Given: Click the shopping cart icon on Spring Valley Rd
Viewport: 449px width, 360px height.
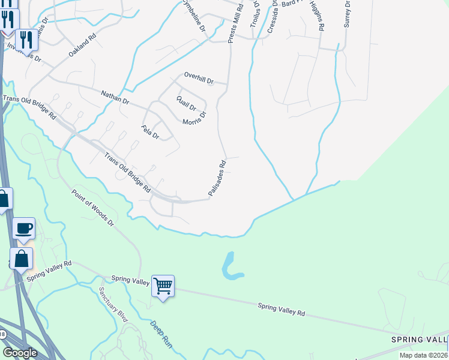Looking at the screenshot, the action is pyautogui.click(x=163, y=286).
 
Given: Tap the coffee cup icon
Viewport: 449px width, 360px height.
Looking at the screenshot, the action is pyautogui.click(x=24, y=229).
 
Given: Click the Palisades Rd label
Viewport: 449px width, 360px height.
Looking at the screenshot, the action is pyautogui.click(x=217, y=177).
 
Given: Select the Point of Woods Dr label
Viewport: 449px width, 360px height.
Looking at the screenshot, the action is pyautogui.click(x=92, y=208).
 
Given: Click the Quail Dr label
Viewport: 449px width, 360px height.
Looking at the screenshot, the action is pyautogui.click(x=186, y=103).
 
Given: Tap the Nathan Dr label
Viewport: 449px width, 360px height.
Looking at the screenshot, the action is pyautogui.click(x=115, y=97).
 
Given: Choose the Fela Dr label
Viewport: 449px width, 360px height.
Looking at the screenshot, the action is pyautogui.click(x=149, y=131).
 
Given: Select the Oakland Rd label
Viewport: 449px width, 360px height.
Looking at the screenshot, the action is pyautogui.click(x=82, y=45).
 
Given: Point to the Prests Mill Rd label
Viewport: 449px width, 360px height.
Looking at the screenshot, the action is pyautogui.click(x=235, y=24).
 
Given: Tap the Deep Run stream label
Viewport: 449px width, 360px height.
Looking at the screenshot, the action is pyautogui.click(x=160, y=334).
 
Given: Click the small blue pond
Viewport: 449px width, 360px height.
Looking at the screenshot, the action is pyautogui.click(x=231, y=268).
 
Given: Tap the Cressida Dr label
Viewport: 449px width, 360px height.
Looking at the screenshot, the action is pyautogui.click(x=273, y=16).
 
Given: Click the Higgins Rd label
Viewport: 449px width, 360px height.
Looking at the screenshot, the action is pyautogui.click(x=318, y=16).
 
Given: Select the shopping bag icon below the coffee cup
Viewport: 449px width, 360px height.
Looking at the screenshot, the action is pyautogui.click(x=22, y=259).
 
